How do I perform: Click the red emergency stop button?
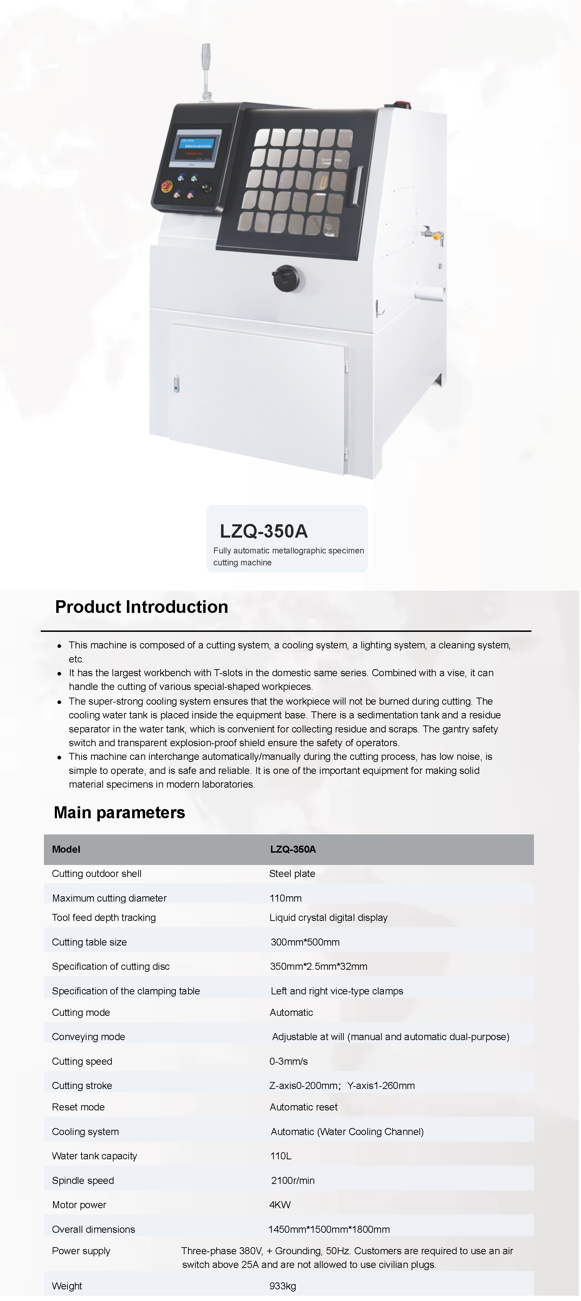[166, 186]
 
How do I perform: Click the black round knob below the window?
[286, 278]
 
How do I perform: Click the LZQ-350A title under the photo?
[264, 531]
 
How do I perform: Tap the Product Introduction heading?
[141, 607]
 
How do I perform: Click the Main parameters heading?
[119, 812]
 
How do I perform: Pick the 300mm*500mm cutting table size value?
[305, 942]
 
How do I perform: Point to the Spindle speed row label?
[83, 1180]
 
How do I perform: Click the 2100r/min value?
[293, 1180]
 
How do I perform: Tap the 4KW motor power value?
[280, 1205]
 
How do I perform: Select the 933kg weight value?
[282, 1286]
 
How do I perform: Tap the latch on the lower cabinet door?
[176, 384]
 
